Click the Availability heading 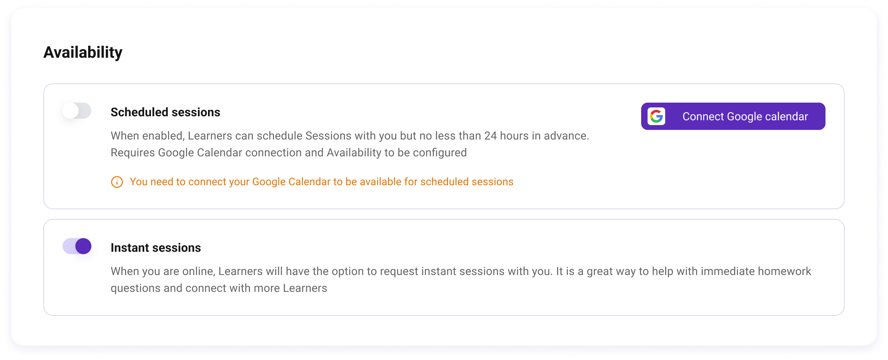83,53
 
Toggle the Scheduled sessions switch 77,111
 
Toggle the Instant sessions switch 77,246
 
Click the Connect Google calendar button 733,116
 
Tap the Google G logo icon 656,116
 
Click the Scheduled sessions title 165,112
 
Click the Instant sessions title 155,248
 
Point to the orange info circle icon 117,182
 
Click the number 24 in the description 490,136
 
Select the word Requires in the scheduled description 133,153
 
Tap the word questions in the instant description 135,288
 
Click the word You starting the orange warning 139,182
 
